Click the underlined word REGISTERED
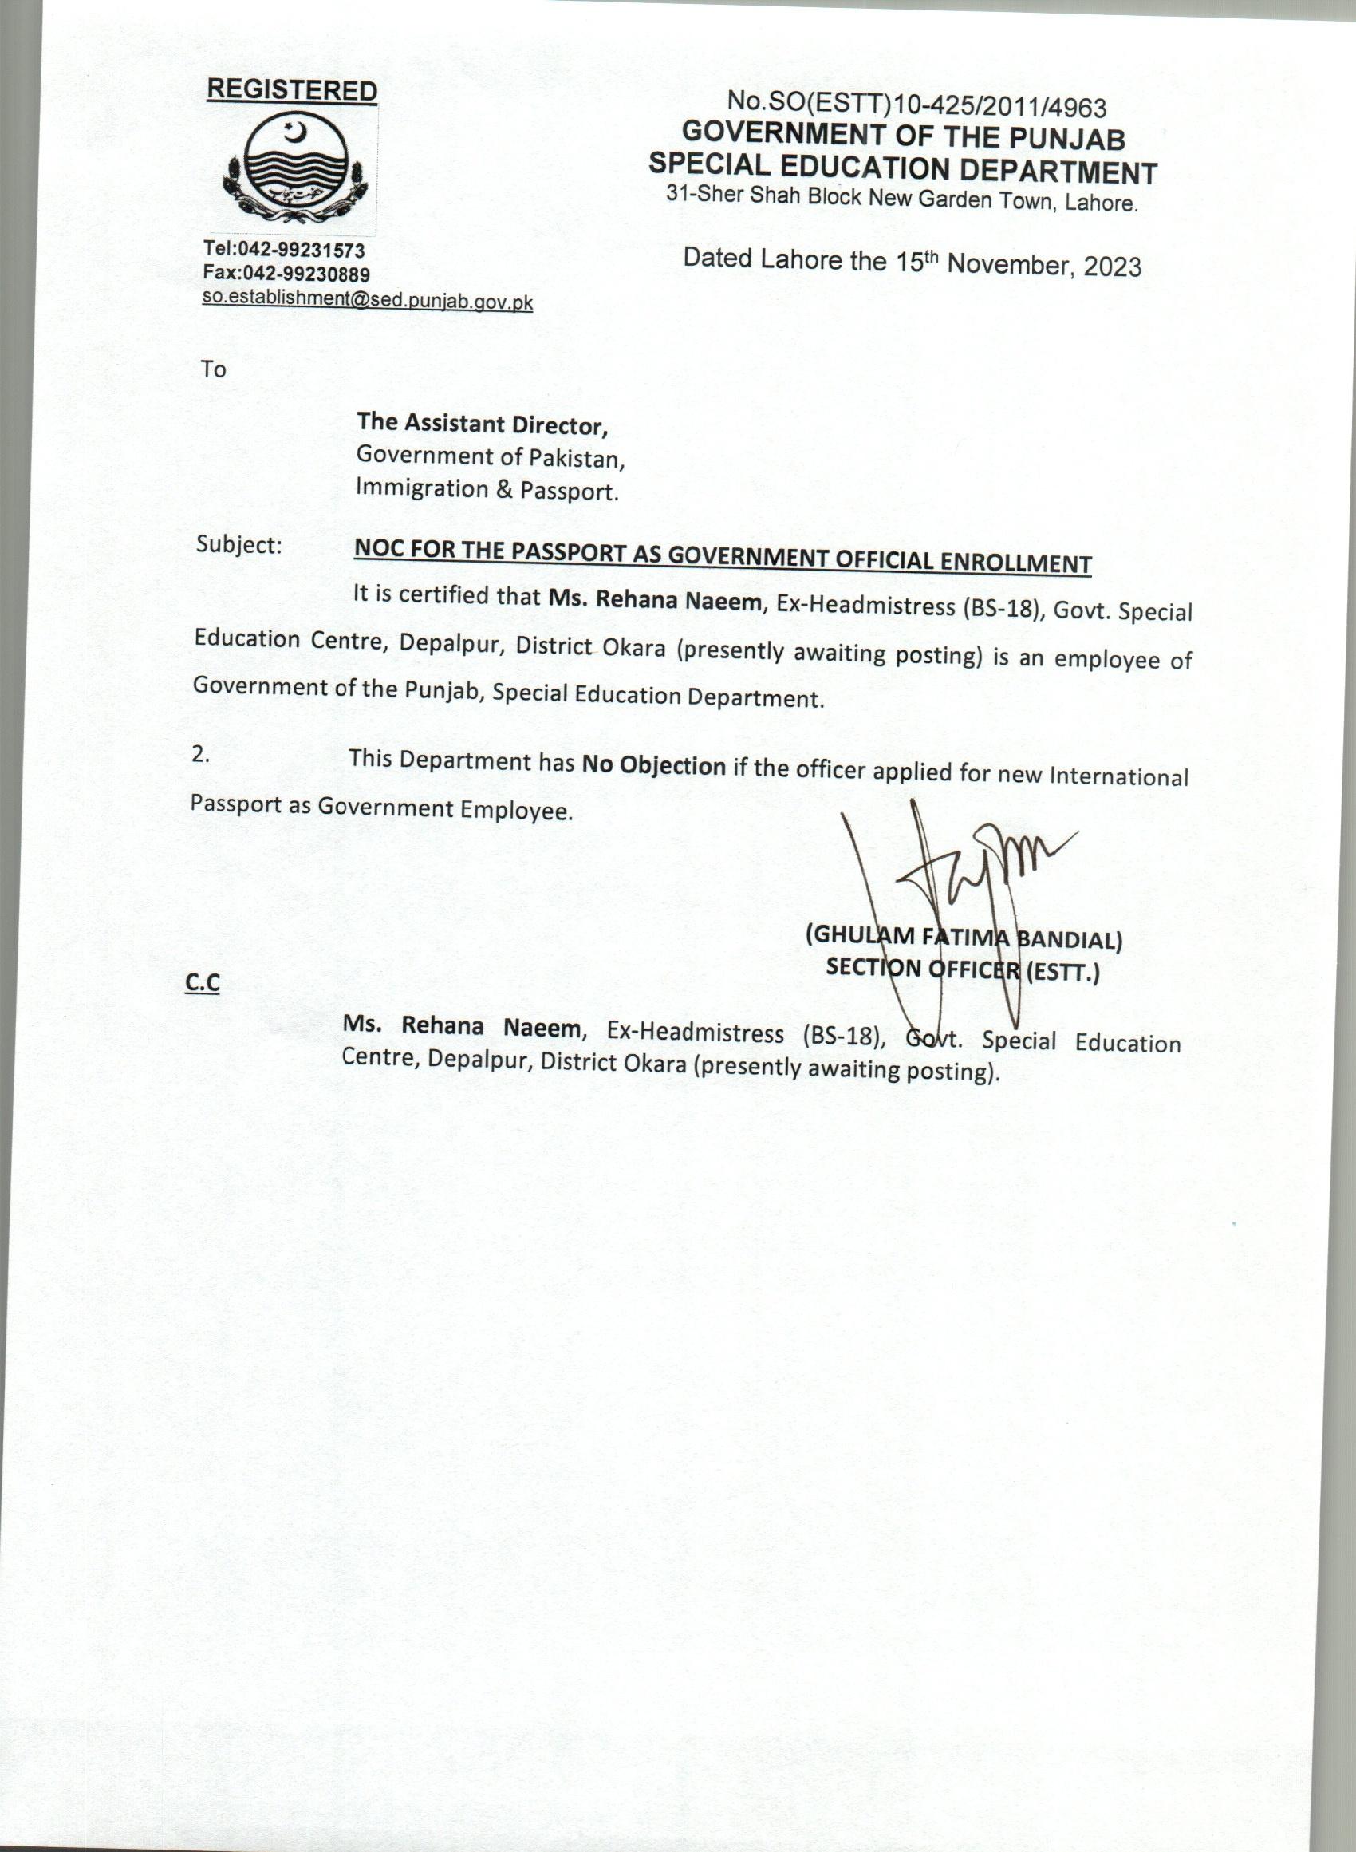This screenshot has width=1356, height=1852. point(291,89)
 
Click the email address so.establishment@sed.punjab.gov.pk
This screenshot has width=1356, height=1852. point(367,300)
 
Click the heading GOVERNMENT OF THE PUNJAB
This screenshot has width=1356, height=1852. point(903,136)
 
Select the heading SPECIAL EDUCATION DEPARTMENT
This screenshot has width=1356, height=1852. point(902,168)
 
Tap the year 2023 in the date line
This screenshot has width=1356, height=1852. point(1111,266)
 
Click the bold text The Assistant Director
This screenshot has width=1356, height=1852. point(482,424)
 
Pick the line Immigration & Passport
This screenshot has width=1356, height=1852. point(487,489)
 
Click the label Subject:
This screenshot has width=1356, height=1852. point(238,544)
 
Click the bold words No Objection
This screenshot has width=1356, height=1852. point(653,765)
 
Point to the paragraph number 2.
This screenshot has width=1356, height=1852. point(200,754)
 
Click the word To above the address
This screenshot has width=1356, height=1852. point(214,369)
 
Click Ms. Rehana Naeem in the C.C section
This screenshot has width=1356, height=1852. point(461,1025)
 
